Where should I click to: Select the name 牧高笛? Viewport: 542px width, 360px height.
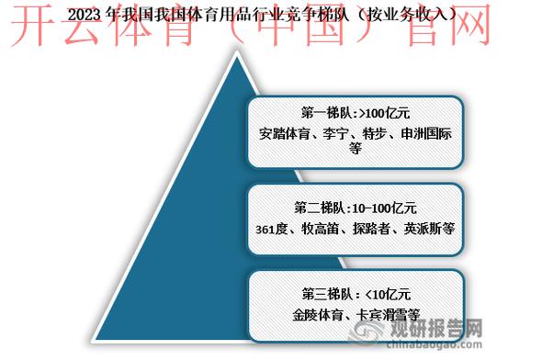[322, 226]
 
